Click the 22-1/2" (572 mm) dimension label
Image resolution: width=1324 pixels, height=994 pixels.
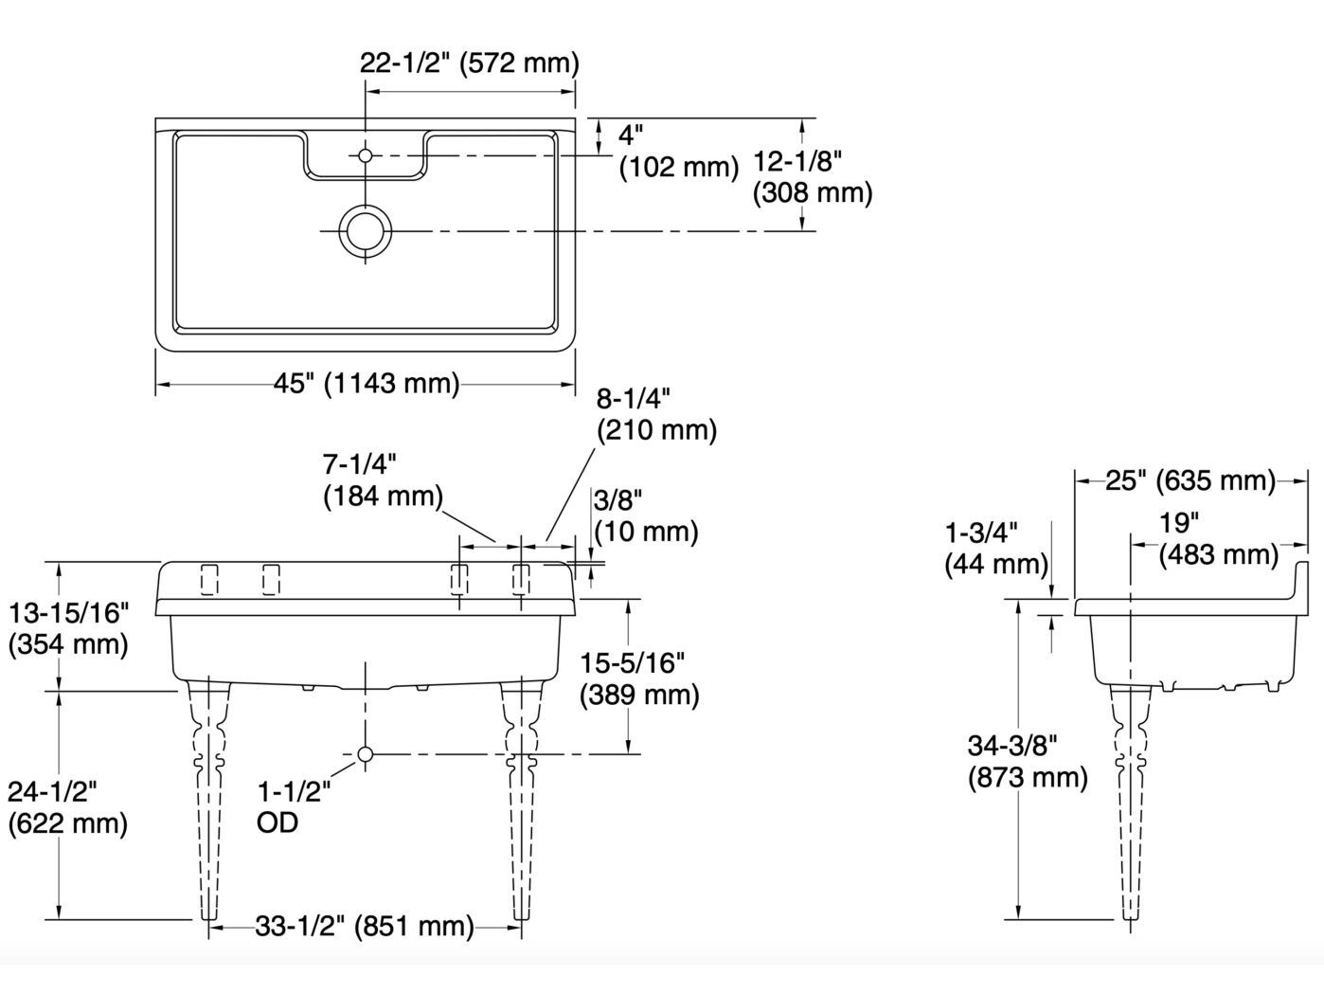(469, 63)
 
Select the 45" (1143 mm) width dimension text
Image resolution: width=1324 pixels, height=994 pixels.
(367, 384)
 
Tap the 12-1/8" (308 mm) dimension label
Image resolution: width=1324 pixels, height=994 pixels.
(812, 176)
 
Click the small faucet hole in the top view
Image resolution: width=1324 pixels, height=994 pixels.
(366, 154)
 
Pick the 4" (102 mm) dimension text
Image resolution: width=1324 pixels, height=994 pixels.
(677, 151)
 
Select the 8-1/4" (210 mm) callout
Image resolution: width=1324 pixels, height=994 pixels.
(656, 414)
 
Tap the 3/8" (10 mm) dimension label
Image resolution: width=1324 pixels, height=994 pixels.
(645, 515)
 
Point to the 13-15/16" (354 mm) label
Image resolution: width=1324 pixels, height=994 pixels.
(68, 628)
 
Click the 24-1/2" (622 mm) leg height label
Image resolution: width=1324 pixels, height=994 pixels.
(66, 806)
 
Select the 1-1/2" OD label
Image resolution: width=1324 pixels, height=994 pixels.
(293, 806)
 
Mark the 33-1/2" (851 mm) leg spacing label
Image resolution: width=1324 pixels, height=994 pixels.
(365, 926)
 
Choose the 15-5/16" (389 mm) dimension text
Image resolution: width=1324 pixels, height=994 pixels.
(639, 678)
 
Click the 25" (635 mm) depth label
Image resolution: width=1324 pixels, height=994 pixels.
(1190, 480)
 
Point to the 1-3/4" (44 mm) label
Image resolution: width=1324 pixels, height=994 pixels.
(995, 549)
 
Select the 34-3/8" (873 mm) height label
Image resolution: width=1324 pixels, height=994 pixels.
(1028, 761)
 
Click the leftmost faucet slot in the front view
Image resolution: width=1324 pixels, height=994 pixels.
(209, 580)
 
